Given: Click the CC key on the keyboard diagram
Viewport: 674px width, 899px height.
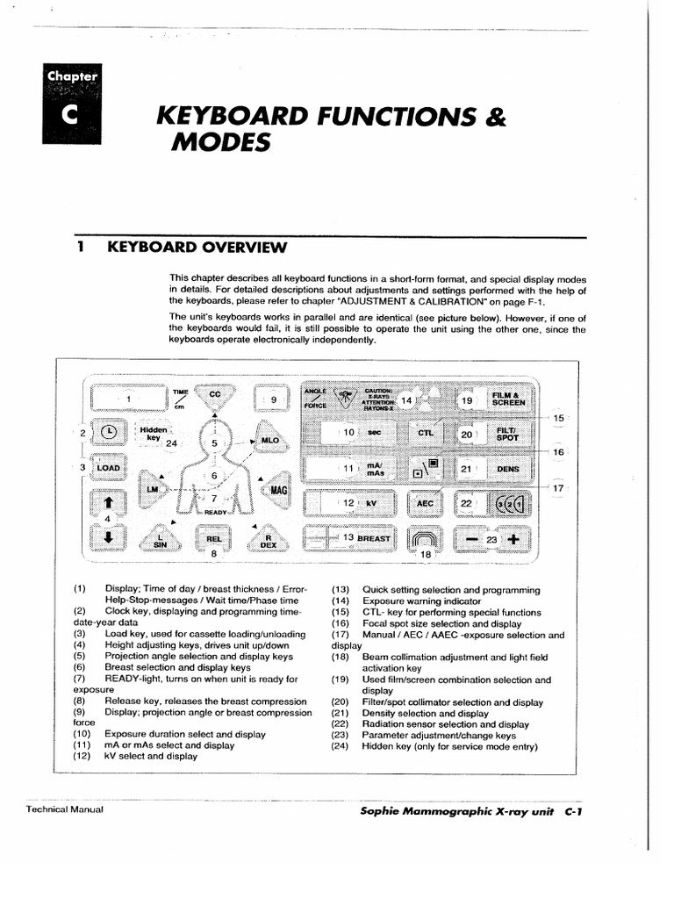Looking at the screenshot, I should point(213,396).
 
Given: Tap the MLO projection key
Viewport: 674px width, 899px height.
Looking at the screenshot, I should point(269,438).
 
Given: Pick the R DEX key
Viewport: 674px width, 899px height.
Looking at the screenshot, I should point(269,538).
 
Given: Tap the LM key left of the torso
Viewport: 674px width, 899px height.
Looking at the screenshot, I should point(154,487).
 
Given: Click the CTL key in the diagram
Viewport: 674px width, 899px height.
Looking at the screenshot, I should point(426,433).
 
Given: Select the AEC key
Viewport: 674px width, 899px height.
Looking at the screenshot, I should point(426,503).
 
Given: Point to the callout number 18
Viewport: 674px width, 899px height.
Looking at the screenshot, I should point(426,555).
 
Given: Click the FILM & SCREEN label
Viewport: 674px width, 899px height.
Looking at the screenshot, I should point(508,400).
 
